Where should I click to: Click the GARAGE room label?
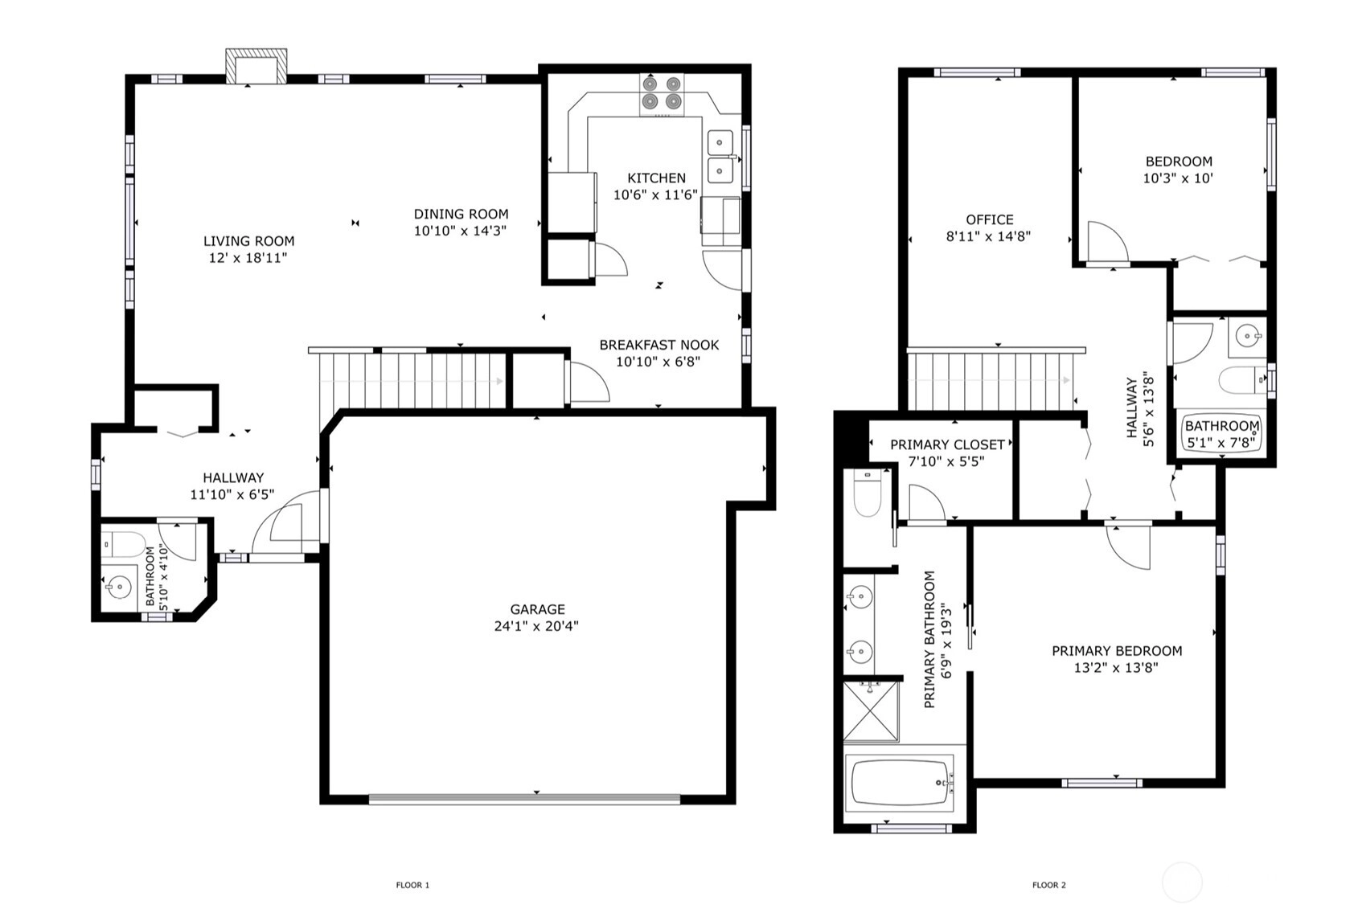(537, 609)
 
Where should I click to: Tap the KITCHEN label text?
(657, 178)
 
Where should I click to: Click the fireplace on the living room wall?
(256, 66)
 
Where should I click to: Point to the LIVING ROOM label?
(248, 241)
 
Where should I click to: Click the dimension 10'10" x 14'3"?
(460, 231)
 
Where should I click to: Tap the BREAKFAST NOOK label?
(659, 346)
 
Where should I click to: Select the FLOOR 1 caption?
(412, 885)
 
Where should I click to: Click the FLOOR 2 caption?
(1048, 885)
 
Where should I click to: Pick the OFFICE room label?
(990, 220)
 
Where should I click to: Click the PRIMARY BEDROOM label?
(1117, 651)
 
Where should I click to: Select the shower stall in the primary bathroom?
(871, 710)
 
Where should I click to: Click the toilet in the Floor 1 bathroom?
(122, 544)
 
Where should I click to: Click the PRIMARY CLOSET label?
(947, 445)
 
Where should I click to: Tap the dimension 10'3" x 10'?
(1178, 178)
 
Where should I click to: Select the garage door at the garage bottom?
(524, 799)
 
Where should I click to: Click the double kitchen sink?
(720, 157)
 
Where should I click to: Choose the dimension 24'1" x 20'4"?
(536, 626)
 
